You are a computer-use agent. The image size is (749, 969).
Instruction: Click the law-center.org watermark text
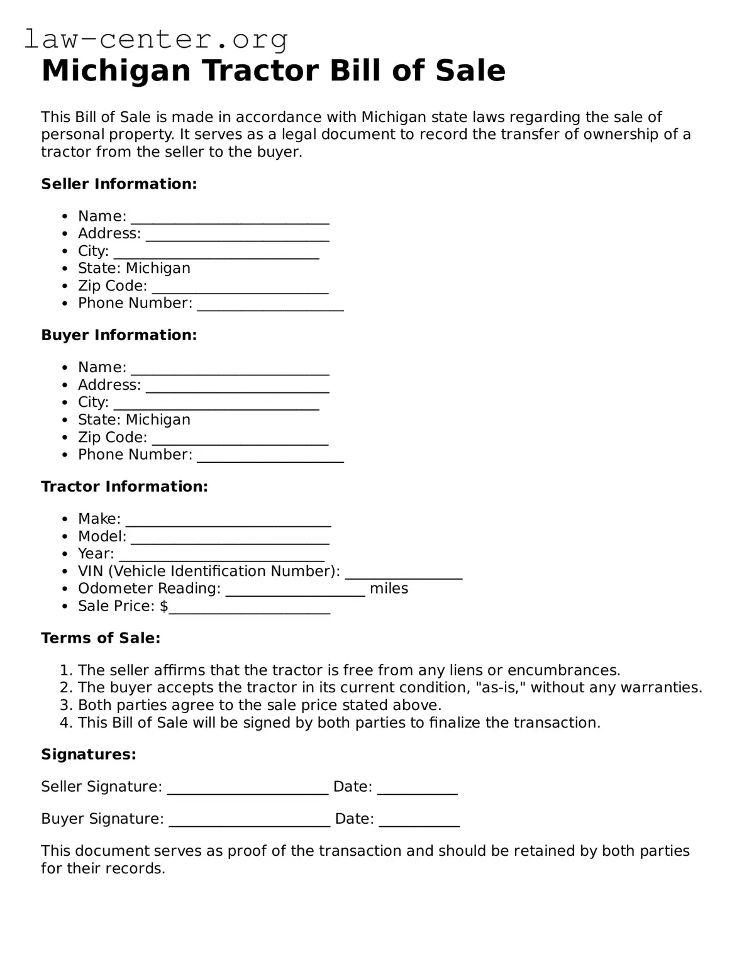156,39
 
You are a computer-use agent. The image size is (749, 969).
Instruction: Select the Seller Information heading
119,184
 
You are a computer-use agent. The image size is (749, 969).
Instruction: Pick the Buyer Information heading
119,335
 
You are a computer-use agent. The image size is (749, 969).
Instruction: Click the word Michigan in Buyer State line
158,419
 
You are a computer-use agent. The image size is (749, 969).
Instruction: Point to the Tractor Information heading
124,487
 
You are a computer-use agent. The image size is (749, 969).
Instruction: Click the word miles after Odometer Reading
389,589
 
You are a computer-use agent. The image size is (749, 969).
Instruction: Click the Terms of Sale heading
101,638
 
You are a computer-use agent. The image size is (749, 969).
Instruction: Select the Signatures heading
89,755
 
